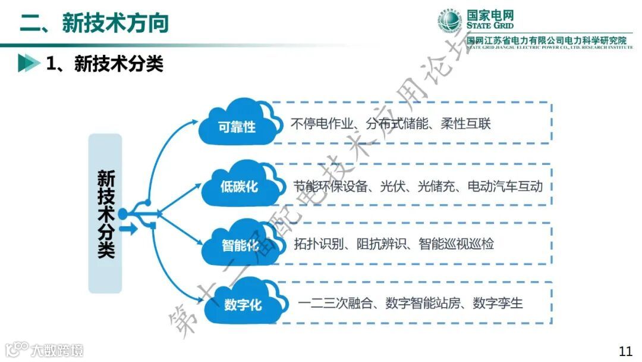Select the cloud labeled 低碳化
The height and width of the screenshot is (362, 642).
pos(240,185)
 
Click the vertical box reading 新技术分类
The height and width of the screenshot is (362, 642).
pos(105,213)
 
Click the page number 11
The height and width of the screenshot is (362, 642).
pos(625,351)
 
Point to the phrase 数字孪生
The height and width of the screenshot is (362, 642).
pos(498,303)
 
